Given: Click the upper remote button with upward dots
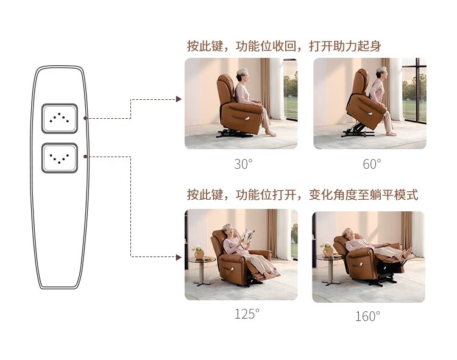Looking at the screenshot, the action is pos(60,119).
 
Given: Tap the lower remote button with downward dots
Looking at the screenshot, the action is pos(60,158).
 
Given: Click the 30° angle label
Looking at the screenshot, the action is pos(243,164).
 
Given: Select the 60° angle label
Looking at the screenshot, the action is pos(372,164).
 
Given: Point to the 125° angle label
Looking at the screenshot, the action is pos(247,314).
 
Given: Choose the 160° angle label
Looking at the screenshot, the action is pos(367,316).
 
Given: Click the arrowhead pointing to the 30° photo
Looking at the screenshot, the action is pos(179,99).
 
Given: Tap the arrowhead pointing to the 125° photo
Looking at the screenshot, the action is pos(179,257).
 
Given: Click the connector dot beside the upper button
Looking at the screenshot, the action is pos(85,118).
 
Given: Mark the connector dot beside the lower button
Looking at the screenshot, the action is pos(85,157).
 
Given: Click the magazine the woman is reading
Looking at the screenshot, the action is pos(248,235).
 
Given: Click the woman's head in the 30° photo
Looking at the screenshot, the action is pos(242,75).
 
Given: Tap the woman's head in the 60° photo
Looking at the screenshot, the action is pos(382,72).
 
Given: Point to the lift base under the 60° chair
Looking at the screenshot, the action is pos(358,132).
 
